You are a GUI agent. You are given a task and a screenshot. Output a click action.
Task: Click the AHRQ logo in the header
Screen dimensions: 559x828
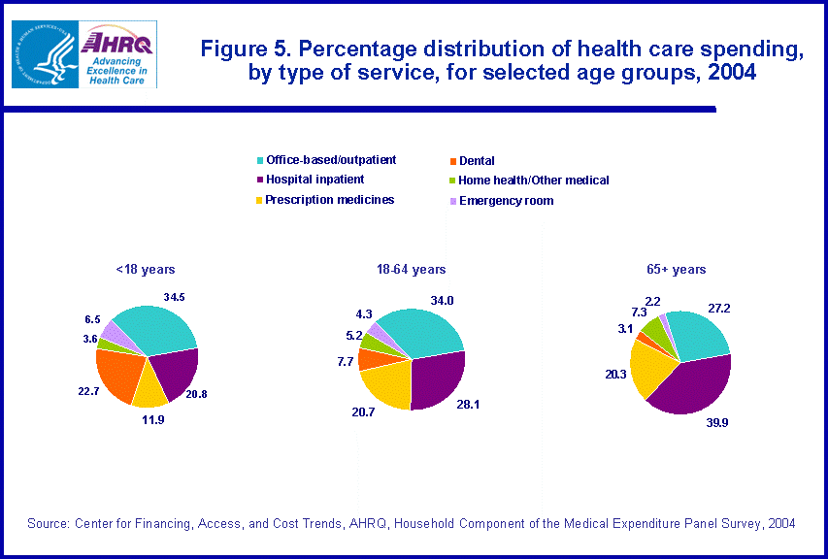[x=119, y=53]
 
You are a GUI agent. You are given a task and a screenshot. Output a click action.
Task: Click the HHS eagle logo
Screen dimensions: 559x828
[x=44, y=54]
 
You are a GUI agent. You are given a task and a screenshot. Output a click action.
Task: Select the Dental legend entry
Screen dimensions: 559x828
[x=477, y=161]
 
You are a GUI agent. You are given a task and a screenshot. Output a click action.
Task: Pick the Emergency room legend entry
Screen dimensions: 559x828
[x=506, y=201]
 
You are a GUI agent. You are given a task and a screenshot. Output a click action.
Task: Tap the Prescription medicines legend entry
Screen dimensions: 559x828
[x=329, y=200]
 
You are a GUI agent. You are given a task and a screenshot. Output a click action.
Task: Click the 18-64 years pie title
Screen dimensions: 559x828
[x=413, y=269]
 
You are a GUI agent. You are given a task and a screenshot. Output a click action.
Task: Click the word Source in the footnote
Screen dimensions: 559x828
[x=47, y=523]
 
